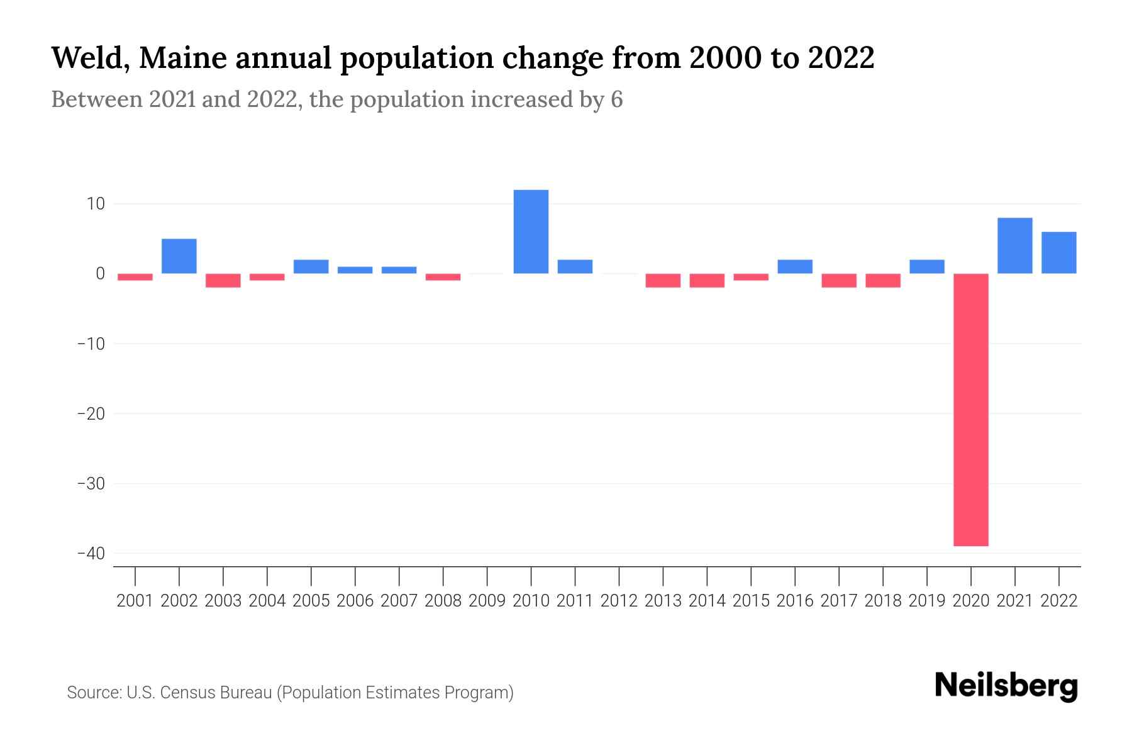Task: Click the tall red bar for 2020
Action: tap(970, 410)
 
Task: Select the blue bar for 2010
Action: tap(531, 232)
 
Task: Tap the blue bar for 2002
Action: tap(179, 256)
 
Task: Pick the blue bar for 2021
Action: tap(1014, 245)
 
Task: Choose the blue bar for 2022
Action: tap(1058, 252)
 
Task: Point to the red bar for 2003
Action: tap(223, 281)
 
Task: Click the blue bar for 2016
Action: tap(795, 267)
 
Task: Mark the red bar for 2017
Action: tap(839, 281)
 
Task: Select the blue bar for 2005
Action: tap(311, 267)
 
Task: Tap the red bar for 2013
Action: tap(663, 281)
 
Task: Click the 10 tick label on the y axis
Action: tap(96, 204)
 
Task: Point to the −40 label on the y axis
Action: tap(91, 554)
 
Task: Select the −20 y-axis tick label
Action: tap(91, 414)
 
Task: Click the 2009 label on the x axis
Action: tap(487, 601)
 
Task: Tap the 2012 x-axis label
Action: tap(619, 601)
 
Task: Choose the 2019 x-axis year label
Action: tap(927, 601)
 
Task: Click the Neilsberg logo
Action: tap(1006, 686)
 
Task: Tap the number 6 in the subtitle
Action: tap(616, 100)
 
